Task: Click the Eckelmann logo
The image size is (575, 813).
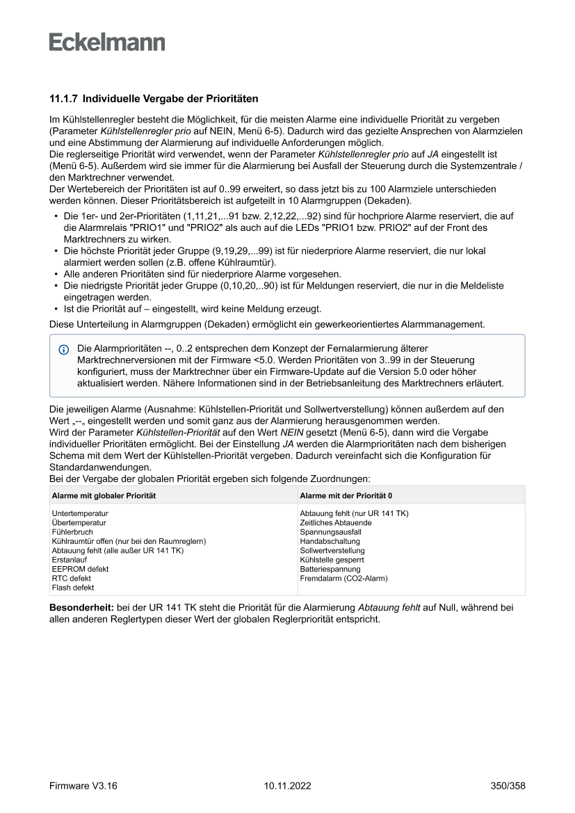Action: pos(107,42)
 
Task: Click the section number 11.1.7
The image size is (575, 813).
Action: pos(63,99)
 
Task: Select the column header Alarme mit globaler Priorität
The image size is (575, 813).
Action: pos(103,495)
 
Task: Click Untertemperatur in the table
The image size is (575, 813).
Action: pos(80,513)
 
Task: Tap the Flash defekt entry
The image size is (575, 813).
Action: pos(73,588)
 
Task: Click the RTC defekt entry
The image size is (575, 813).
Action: pos(71,578)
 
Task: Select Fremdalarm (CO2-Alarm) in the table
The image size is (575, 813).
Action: pos(343,578)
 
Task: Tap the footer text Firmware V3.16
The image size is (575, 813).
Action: pos(83,786)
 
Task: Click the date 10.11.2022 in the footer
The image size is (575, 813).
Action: pos(287,786)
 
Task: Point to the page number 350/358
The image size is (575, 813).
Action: pos(507,786)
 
